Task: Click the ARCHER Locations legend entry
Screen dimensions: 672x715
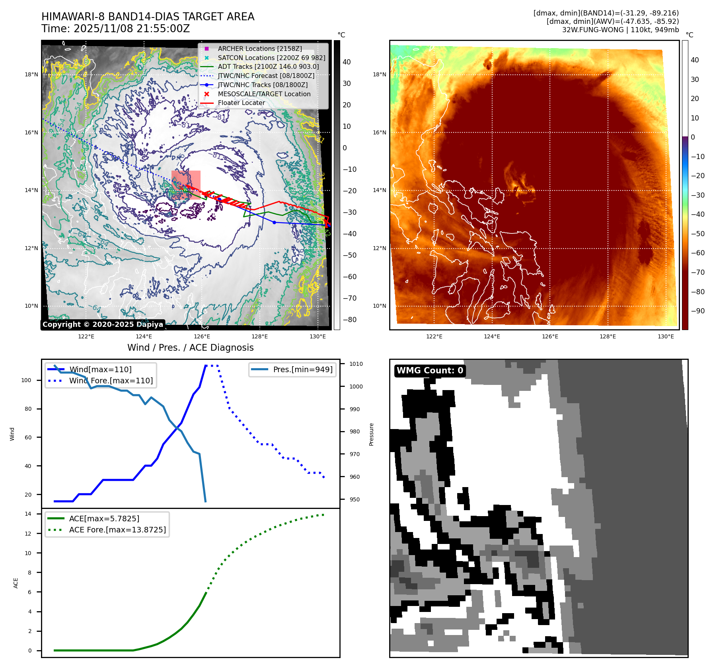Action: (259, 49)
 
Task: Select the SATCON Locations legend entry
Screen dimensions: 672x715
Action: (271, 58)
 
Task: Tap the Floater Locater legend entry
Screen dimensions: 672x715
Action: (241, 103)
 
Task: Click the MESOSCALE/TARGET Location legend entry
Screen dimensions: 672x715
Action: (264, 94)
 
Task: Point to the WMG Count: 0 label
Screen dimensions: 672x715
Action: (430, 370)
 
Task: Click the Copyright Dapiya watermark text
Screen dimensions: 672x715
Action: (103, 324)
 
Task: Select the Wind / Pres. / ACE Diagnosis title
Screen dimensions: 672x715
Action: (190, 348)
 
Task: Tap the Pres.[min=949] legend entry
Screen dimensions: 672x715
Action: (302, 369)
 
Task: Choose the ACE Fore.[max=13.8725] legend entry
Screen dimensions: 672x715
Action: (117, 530)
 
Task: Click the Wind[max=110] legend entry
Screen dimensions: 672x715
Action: (100, 369)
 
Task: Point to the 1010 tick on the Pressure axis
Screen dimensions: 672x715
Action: (356, 364)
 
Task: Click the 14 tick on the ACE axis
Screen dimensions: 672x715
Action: (28, 514)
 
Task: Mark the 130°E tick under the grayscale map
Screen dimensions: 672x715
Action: (318, 337)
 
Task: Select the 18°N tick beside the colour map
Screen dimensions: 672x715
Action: (379, 74)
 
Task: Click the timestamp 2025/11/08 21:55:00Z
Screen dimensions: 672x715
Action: (132, 29)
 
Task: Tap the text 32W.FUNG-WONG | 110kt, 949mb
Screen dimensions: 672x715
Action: (620, 30)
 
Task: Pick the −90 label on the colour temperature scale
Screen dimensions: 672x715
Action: (697, 311)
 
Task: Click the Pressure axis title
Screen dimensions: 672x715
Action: (371, 434)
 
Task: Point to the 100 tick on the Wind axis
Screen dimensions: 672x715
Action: (26, 380)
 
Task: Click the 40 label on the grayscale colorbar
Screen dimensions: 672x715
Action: (347, 62)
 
